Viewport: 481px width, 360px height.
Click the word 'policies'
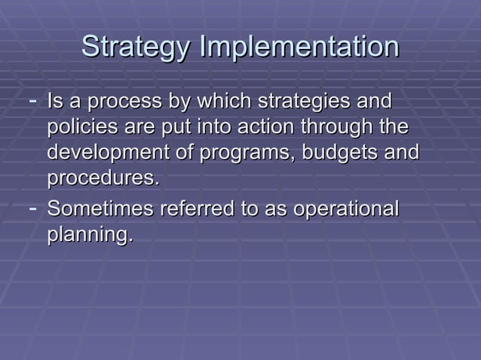click(78, 127)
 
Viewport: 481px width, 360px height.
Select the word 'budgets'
click(337, 153)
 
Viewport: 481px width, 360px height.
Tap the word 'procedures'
click(101, 179)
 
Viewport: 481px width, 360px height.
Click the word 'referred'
click(186, 208)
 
